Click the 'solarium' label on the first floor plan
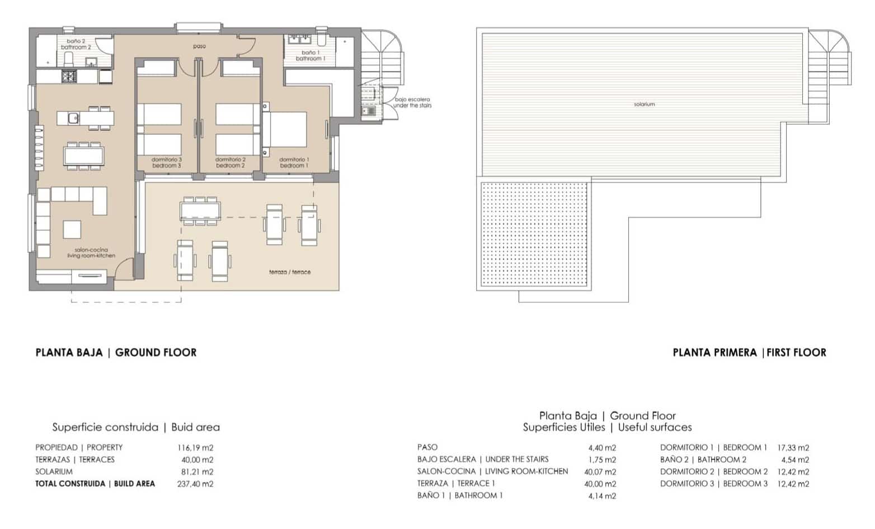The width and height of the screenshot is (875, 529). tap(644, 104)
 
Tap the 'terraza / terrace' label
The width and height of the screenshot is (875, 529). tap(289, 272)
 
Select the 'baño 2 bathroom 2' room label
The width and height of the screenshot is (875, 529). tap(76, 44)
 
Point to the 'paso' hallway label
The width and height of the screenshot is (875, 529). tap(199, 46)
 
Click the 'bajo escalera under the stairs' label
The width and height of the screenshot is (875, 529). tap(412, 102)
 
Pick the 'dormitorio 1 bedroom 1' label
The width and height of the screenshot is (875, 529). tap(294, 162)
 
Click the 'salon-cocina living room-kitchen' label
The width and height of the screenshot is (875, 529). tap(91, 253)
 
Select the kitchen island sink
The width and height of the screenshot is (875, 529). tap(73, 118)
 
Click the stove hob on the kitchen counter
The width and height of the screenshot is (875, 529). tap(69, 76)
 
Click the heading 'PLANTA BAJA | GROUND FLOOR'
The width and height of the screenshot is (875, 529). tap(116, 353)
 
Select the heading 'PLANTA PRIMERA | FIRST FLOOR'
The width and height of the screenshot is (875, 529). tap(749, 353)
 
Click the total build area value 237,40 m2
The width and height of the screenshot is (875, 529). tap(195, 484)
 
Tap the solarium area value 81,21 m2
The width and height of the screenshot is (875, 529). tap(195, 472)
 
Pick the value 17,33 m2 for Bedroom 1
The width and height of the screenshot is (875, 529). tap(793, 448)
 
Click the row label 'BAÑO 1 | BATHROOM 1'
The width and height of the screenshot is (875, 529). tap(460, 495)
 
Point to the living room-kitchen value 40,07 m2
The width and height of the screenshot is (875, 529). tap(600, 472)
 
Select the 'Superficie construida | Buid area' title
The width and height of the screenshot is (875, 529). tap(136, 427)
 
